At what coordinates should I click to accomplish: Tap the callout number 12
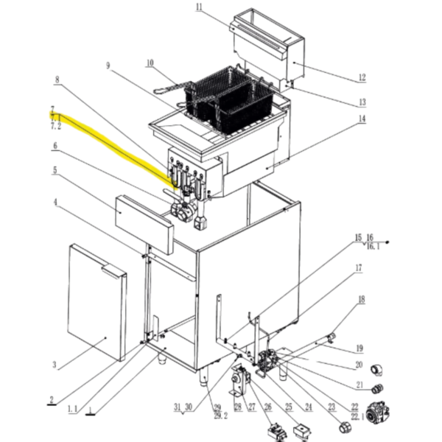(x=362, y=77)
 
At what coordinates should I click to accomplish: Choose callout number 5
(x=54, y=171)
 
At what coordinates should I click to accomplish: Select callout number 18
(x=361, y=299)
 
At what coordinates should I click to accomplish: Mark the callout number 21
(x=359, y=385)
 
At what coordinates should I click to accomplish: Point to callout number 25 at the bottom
(x=288, y=408)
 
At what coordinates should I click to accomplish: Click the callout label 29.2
(x=217, y=415)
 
